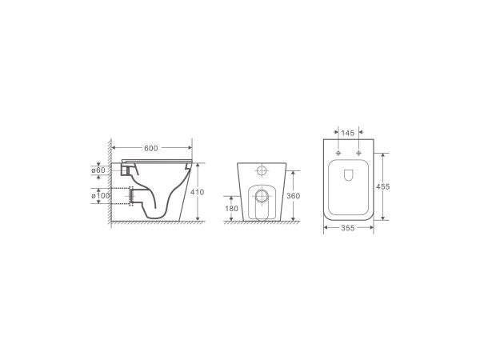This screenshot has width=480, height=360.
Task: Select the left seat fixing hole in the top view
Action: coord(338,152)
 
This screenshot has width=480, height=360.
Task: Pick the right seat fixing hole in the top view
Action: coord(359,152)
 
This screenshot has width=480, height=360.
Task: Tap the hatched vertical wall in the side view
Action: coord(106,184)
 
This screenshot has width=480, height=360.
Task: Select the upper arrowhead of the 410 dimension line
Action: coord(194,162)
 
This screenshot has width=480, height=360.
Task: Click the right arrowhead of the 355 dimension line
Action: coord(372,229)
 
